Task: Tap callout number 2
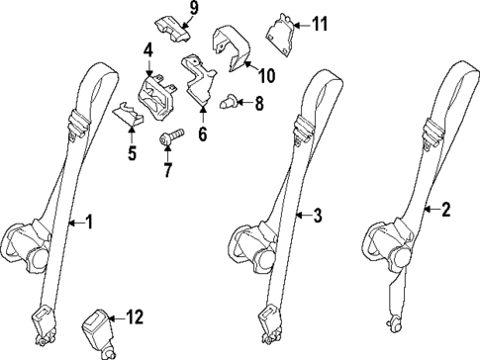(446, 209)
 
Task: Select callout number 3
(318, 214)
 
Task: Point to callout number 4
(148, 49)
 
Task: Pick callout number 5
(132, 153)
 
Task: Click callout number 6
(202, 130)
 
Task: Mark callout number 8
(259, 102)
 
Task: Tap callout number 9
(193, 9)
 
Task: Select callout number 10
(266, 74)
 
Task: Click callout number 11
(319, 23)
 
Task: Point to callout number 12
(136, 317)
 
